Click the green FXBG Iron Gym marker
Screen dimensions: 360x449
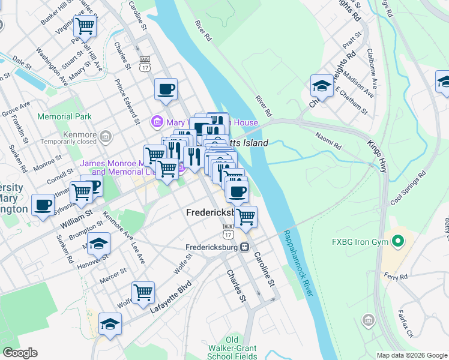[x=397, y=242]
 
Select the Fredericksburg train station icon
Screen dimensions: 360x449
[x=244, y=247]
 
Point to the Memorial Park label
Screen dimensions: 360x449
[x=64, y=116]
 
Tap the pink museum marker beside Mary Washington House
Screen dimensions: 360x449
[x=157, y=122]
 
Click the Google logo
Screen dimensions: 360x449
[x=20, y=353]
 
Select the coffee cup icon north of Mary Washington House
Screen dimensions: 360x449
[x=166, y=90]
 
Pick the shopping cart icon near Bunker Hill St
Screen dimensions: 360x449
[x=85, y=27]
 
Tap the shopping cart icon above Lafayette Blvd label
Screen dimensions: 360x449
[x=143, y=293]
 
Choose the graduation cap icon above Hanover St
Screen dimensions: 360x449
[x=99, y=244]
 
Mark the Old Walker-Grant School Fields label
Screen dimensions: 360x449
[x=232, y=348]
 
